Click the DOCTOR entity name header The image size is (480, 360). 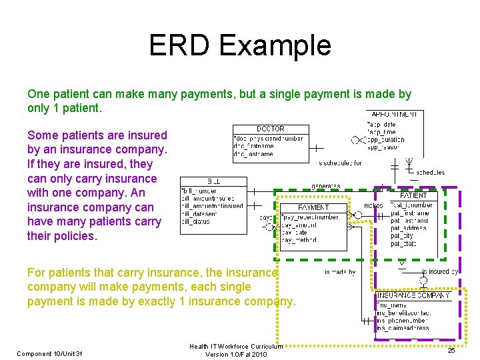coord(270,129)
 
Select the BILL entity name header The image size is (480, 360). coord(213,181)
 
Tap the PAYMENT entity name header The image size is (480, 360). coord(313,207)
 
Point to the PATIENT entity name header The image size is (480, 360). coord(413,195)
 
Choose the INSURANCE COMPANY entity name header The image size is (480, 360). coord(414,295)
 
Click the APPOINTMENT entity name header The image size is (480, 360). coord(395,115)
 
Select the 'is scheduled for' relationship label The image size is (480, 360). coord(340,163)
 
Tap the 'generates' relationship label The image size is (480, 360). coord(326,186)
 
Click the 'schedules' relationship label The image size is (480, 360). coord(430,172)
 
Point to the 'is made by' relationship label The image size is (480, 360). coord(340,272)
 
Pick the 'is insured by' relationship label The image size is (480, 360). coord(440,272)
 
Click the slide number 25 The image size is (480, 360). coord(451,350)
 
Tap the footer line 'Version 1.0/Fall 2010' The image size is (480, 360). coord(236,354)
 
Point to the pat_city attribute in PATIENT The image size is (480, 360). coord(403,235)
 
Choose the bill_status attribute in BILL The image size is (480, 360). coord(196,221)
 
